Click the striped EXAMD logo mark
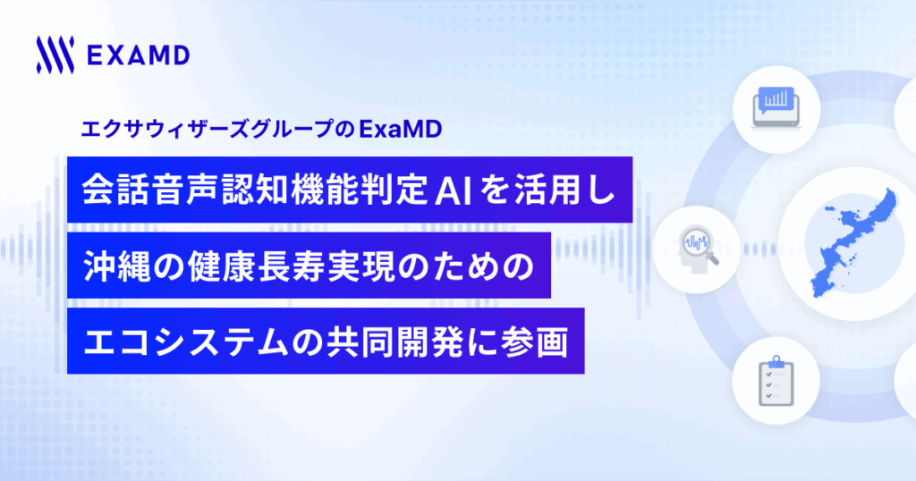55,55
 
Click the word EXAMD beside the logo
139,56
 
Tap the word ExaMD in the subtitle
400,129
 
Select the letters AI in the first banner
454,190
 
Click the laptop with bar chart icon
776,108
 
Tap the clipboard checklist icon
776,380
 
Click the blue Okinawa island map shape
852,243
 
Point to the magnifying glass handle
713,257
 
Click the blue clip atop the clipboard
776,362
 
